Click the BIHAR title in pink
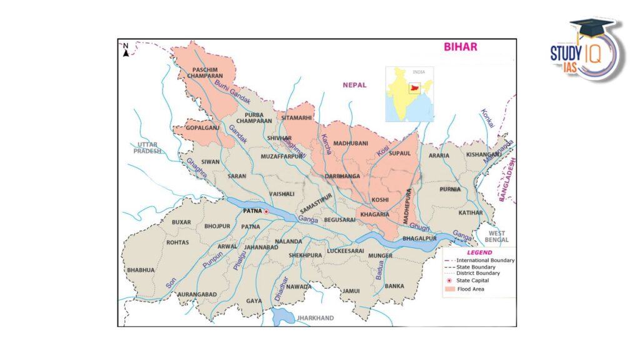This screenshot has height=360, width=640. coord(460,47)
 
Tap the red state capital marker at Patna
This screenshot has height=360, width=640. coord(266,212)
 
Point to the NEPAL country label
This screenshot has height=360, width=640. coord(354,85)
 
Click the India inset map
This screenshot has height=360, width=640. coord(409,94)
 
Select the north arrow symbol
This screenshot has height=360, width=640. coord(126,49)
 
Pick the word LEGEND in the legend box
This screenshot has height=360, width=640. coord(479,252)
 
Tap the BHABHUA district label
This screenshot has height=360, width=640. coord(141,270)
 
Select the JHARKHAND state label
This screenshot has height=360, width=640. coord(315,318)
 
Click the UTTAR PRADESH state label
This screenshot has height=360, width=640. coord(147,147)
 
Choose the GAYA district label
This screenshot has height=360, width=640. coord(254,301)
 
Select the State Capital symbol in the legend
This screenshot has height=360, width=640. coord(449,281)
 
